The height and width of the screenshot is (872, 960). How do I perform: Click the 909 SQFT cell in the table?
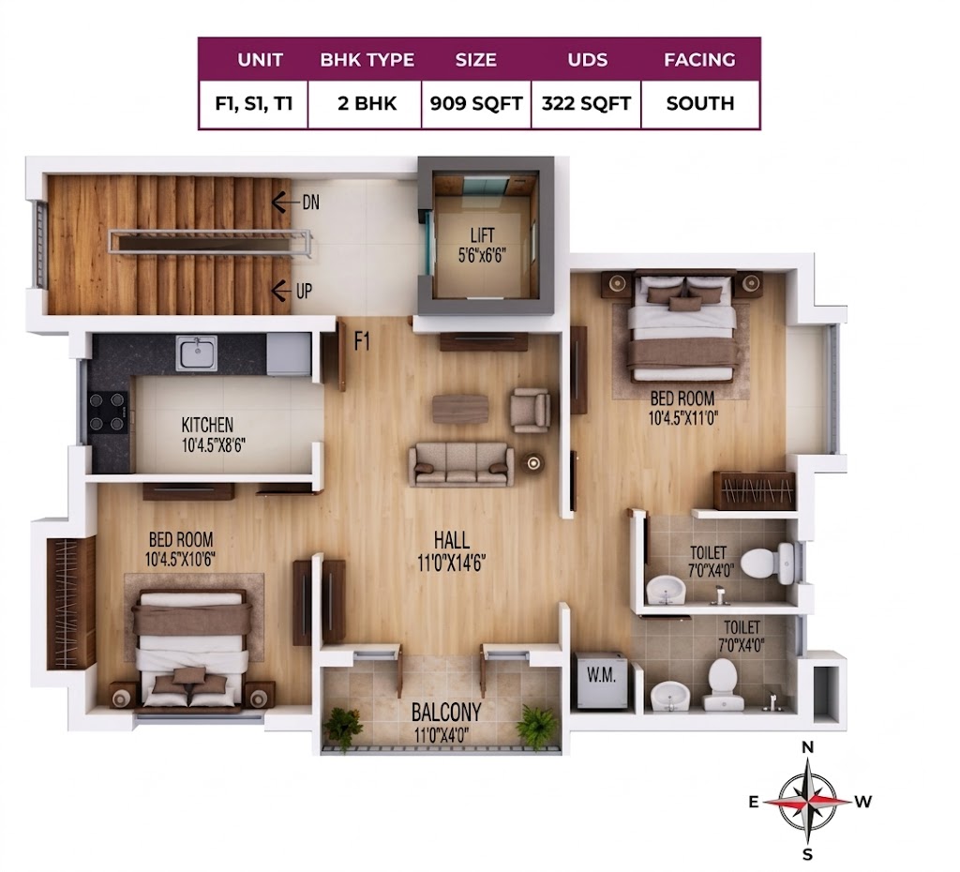click(475, 103)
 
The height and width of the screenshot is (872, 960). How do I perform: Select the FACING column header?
click(699, 59)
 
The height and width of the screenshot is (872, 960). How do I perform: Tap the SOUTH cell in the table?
click(699, 103)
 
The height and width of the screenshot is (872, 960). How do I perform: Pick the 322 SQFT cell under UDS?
click(586, 103)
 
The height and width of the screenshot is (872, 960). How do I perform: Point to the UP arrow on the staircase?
click(281, 291)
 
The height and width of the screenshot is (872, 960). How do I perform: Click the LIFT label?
click(483, 235)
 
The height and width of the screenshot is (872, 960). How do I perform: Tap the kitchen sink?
click(196, 353)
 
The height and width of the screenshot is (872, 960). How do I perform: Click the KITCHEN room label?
click(207, 425)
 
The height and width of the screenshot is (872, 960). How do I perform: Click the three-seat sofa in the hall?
click(461, 465)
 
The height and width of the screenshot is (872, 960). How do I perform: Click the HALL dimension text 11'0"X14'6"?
click(452, 563)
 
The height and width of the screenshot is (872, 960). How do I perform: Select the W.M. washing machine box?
click(601, 680)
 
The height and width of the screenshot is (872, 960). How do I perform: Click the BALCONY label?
click(445, 713)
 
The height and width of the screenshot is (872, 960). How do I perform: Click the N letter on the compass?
click(807, 747)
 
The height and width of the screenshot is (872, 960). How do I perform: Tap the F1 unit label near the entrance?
click(363, 341)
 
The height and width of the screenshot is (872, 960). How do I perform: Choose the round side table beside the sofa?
click(533, 463)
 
